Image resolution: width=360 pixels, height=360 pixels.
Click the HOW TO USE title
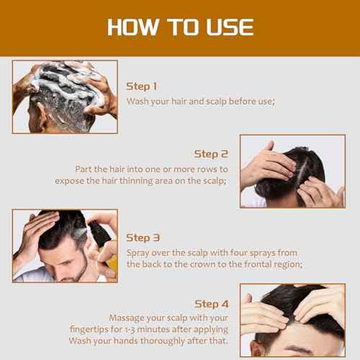click(x=180, y=27)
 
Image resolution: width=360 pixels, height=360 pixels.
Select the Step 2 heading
click(x=211, y=153)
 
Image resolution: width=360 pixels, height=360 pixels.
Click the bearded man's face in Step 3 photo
click(x=68, y=259)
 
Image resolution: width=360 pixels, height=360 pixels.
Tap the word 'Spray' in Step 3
click(x=140, y=252)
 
